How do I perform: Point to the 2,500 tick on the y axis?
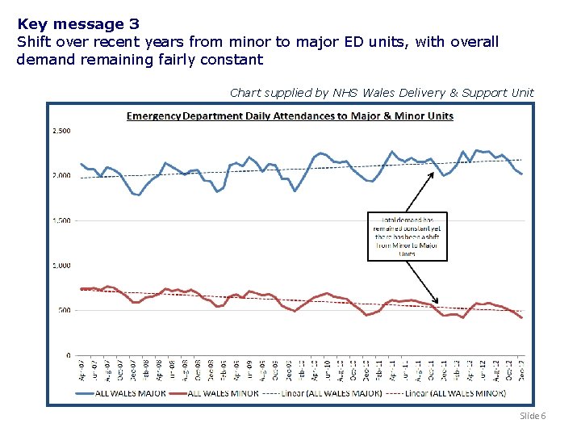61,131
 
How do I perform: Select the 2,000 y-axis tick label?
61,175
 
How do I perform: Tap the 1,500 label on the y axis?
61,220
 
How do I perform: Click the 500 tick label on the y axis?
65,310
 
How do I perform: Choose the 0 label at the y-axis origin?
69,355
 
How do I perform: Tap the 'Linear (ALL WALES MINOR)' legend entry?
456,393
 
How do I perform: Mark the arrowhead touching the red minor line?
437,300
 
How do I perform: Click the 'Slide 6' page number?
533,415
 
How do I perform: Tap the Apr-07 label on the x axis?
82,371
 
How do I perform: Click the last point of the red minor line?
522,318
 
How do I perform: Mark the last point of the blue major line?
522,174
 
